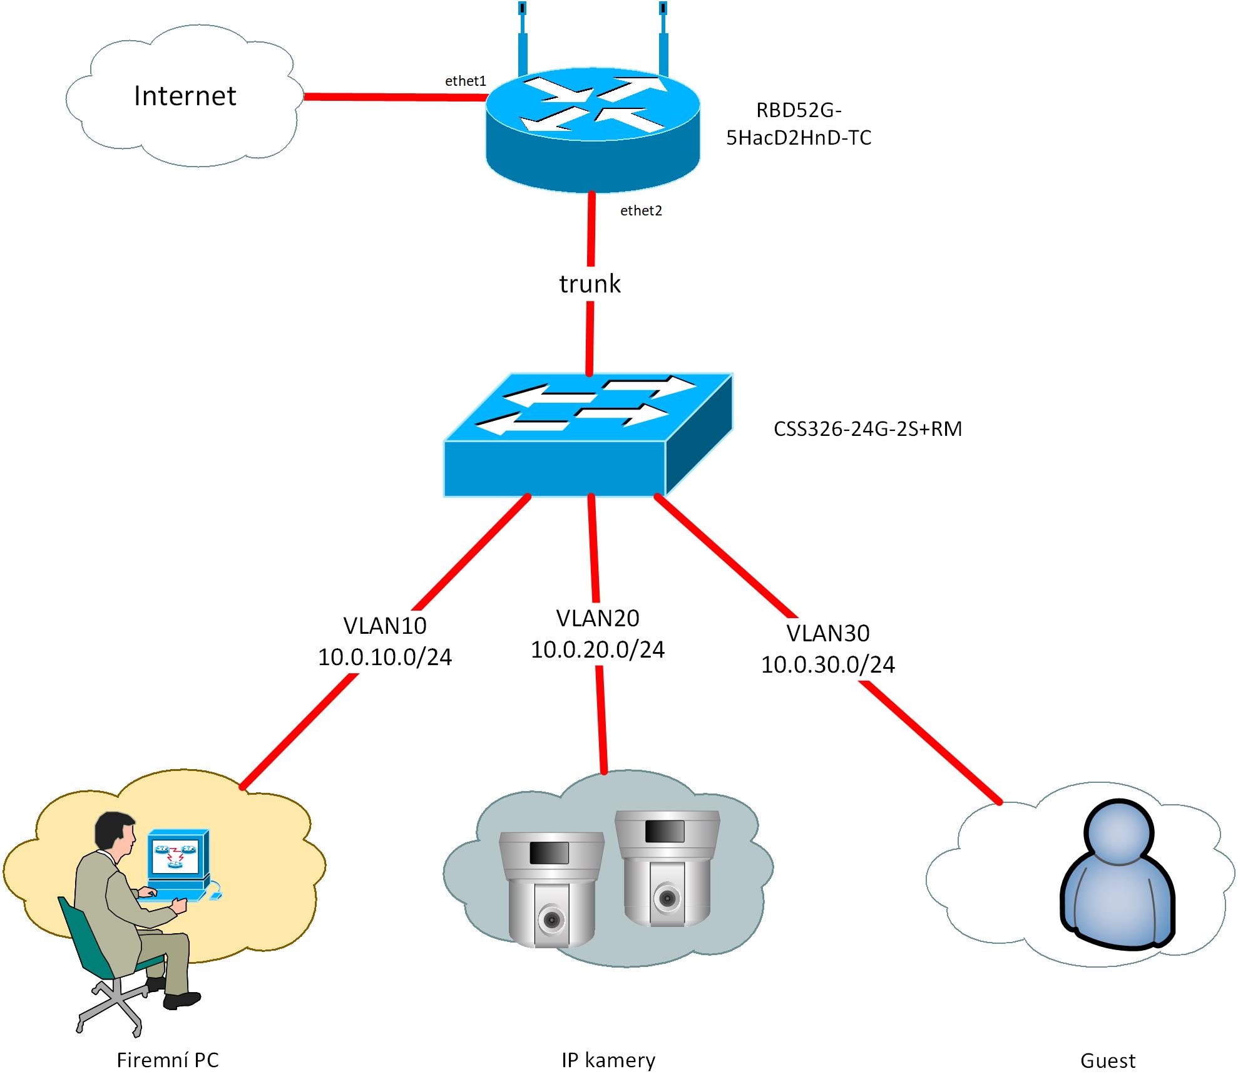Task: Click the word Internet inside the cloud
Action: pos(185,96)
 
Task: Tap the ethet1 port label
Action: pos(465,81)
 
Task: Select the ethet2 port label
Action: pos(641,211)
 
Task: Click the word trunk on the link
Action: pos(590,284)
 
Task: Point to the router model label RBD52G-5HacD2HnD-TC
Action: pos(799,124)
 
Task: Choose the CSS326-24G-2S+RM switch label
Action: pos(867,429)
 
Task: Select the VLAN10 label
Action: pos(385,626)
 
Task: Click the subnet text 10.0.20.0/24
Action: pos(598,649)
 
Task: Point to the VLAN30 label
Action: pos(828,633)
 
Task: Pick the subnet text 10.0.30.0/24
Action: pos(828,664)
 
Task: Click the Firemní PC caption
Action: pos(168,1060)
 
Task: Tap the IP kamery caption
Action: pos(608,1060)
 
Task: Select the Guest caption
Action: pos(1107,1061)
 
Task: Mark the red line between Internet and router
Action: pos(394,97)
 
